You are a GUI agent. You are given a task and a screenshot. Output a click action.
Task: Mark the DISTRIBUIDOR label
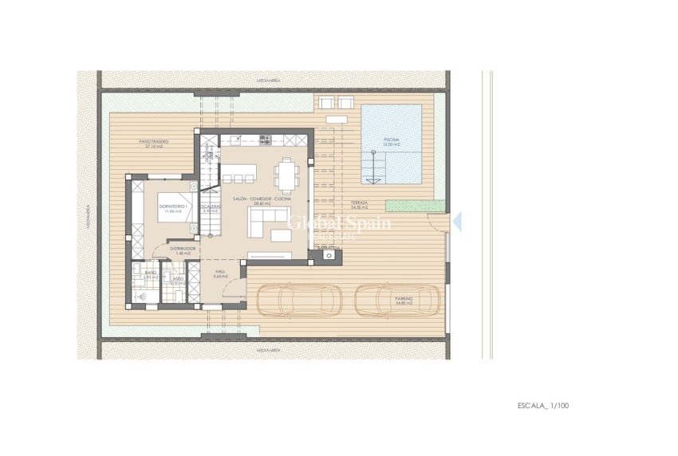[x=183, y=250]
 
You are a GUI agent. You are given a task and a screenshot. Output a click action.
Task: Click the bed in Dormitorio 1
[x=175, y=206]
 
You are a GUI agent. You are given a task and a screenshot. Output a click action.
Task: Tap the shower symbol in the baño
[x=142, y=295]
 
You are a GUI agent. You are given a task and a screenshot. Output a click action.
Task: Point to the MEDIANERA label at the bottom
[x=267, y=350]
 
